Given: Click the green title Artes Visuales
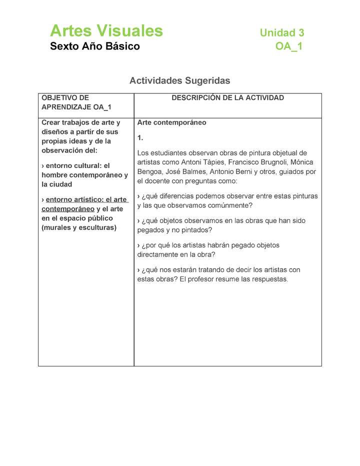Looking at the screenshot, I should pos(106,31).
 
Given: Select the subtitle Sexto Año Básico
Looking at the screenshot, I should pos(95,46).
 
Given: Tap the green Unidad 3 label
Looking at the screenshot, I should pos(281,33).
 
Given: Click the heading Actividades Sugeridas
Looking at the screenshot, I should pos(179,80).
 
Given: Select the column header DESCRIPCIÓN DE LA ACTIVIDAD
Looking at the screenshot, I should pos(227,98).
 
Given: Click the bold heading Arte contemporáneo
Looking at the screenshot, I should pos(171,122).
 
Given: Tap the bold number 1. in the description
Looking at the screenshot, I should pos(140,137).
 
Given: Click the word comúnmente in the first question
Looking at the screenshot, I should pos(227,205).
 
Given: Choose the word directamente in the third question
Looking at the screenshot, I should pos(157,254).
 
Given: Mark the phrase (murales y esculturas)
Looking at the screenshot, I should pos(79,227).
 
